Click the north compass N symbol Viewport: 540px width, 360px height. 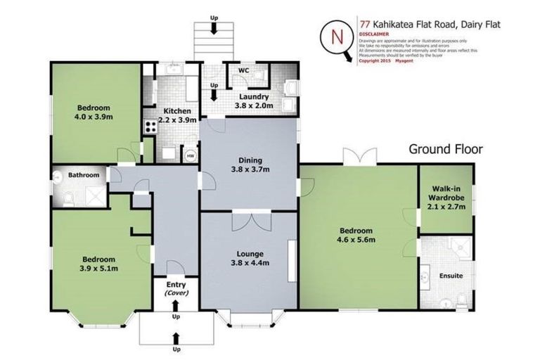point(337,37)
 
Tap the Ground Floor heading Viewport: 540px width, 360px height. point(446,149)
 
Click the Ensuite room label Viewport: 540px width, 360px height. point(451,276)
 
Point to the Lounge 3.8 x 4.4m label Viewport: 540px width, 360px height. point(250,258)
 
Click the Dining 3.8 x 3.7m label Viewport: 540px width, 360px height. point(250,165)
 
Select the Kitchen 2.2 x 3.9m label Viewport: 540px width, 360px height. point(174,115)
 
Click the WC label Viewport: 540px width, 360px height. point(244,71)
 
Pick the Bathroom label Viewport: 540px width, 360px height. point(83,175)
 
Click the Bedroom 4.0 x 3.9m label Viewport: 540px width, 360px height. point(95,112)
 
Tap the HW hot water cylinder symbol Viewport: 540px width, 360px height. point(190,156)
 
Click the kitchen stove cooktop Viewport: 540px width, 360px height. point(149,127)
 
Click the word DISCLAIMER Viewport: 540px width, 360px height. point(373,33)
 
